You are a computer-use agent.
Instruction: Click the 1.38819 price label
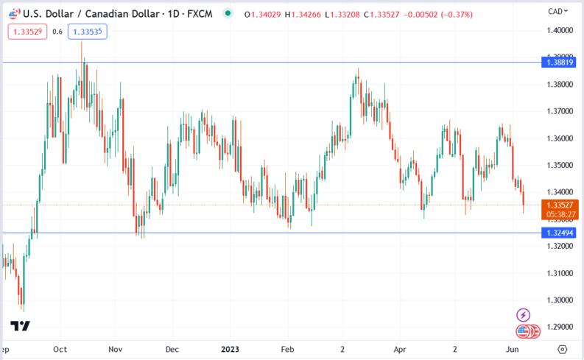[559, 63]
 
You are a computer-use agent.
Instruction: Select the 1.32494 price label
[559, 233]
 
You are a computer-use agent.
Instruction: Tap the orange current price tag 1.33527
[559, 204]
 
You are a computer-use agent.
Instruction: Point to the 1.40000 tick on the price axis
[559, 30]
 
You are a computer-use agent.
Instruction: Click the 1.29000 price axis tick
[559, 326]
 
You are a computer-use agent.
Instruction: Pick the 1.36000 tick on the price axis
[559, 138]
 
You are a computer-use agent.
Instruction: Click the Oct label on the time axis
[61, 350]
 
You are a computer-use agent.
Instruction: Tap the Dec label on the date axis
[172, 350]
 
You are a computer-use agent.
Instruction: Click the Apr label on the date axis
[401, 350]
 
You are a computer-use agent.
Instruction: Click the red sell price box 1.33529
[27, 31]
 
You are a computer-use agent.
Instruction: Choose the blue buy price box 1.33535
[88, 31]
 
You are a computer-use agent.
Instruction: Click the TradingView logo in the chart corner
[20, 326]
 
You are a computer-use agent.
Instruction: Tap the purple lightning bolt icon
[524, 314]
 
